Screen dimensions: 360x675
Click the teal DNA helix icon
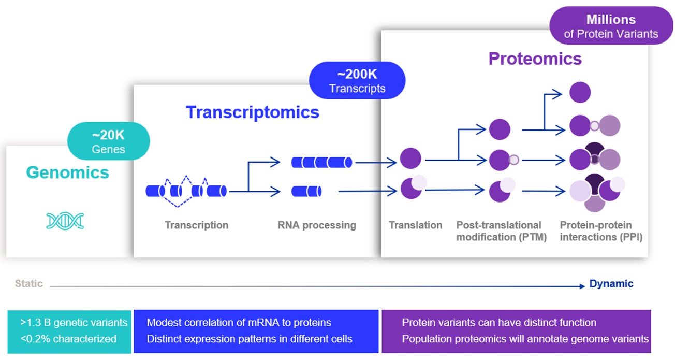coord(65,221)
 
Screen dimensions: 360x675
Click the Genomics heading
coord(68,172)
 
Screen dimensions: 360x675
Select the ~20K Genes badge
coord(108,141)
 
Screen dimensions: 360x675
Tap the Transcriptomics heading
coord(253,112)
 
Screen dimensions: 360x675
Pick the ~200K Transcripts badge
coord(357,80)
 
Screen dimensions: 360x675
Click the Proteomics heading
coord(535,59)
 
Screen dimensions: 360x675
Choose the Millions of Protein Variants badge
coord(611,26)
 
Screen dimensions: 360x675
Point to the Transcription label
coord(196,225)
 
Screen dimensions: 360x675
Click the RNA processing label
coord(317,225)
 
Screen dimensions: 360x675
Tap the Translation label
coord(416,225)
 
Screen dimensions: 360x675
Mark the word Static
coord(28,284)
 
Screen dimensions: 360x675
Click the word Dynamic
coord(611,284)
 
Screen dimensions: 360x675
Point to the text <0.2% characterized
coord(68,339)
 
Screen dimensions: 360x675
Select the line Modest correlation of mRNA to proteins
coord(239,323)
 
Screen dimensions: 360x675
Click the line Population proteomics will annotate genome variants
coord(525,339)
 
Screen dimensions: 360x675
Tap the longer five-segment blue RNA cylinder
coord(321,162)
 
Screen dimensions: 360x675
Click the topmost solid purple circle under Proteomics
coord(580,93)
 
